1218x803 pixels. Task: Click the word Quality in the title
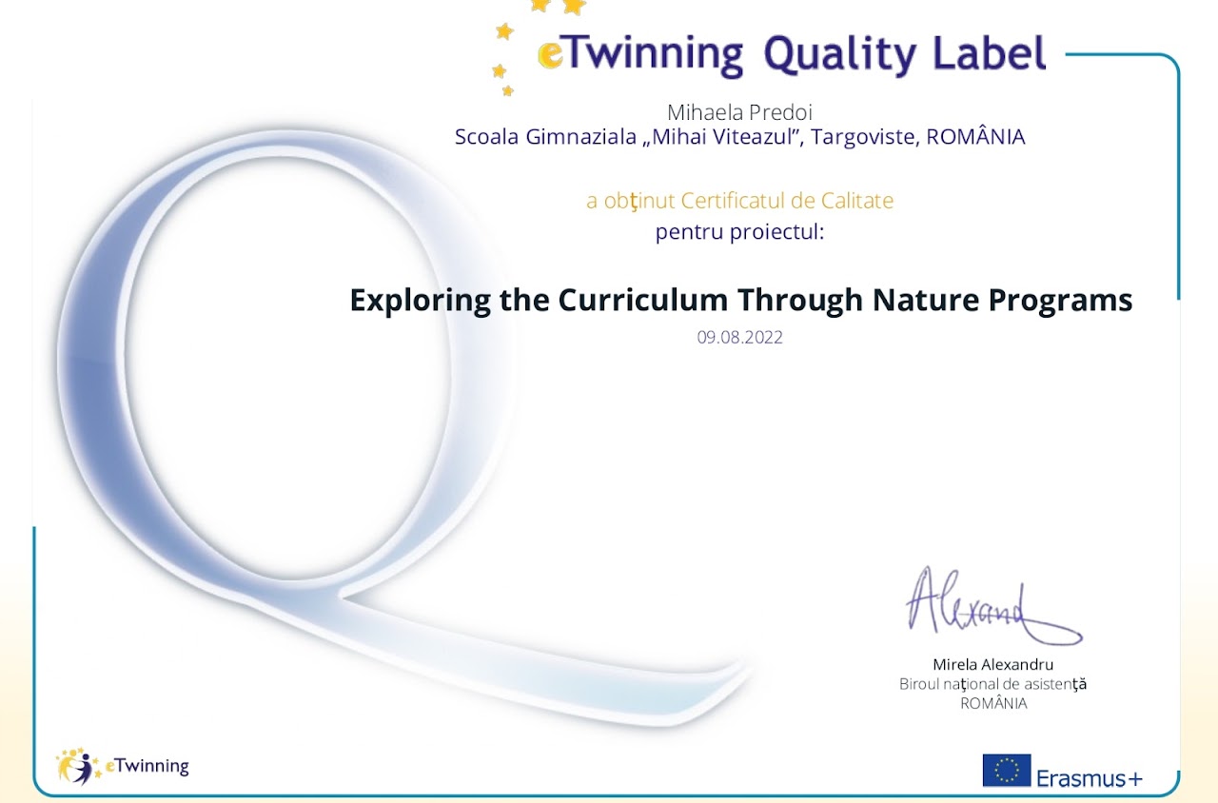840,55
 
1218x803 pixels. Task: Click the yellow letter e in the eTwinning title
550,55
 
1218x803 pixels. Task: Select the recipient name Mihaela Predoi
739,112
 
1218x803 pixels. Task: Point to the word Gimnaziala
580,137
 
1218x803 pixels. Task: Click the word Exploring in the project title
421,302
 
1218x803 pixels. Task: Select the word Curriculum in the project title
642,300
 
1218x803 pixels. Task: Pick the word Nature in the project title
926,300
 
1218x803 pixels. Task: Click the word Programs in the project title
1060,302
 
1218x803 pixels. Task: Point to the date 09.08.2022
739,338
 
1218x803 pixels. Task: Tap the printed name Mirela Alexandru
992,664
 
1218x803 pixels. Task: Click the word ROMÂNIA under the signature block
993,703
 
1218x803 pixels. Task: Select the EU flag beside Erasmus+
1007,771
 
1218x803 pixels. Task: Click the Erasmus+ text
1090,778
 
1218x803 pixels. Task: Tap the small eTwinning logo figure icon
77,766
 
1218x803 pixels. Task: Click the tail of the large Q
543,663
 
